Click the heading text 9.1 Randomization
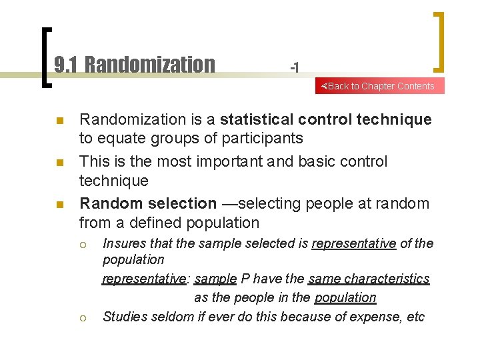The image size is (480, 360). pos(134,65)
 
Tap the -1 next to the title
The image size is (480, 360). pos(294,67)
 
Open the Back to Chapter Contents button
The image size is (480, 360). pos(379,86)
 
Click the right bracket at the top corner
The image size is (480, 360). pos(439,41)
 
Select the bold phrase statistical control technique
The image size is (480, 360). pos(325,119)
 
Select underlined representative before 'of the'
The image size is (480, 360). pos(354,243)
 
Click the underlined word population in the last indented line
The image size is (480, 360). pos(345,297)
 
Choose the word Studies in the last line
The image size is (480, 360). pos(125,317)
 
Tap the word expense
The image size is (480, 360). pos(363,317)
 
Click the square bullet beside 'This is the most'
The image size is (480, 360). pos(59,163)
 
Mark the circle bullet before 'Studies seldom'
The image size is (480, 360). pos(83,317)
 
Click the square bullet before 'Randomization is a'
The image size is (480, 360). pos(59,121)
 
